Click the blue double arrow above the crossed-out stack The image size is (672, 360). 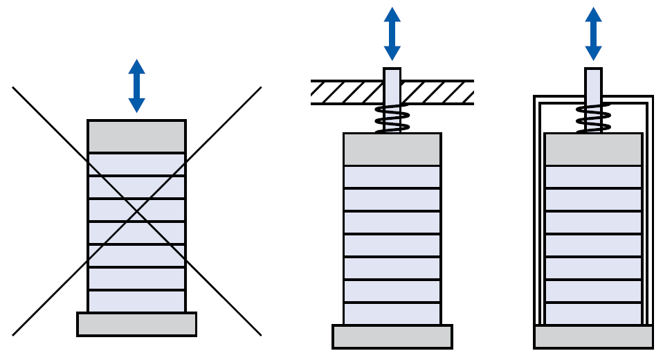(136, 86)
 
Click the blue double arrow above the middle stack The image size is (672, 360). (392, 33)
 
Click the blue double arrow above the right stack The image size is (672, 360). (593, 33)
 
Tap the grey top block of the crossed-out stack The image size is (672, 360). (136, 136)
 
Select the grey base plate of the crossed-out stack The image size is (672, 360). (136, 324)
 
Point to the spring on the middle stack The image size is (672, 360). (392, 119)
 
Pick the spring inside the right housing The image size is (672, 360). (593, 119)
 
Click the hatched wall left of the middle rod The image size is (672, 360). (346, 92)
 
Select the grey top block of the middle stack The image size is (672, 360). (392, 150)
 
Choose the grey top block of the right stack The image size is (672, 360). (593, 150)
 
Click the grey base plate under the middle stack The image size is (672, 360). (392, 336)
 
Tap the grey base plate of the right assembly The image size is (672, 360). (593, 336)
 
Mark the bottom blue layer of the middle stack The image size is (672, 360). (392, 314)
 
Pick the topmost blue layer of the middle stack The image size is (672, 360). (392, 177)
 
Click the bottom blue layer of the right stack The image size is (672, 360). (593, 314)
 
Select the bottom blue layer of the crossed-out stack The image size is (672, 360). (136, 301)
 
